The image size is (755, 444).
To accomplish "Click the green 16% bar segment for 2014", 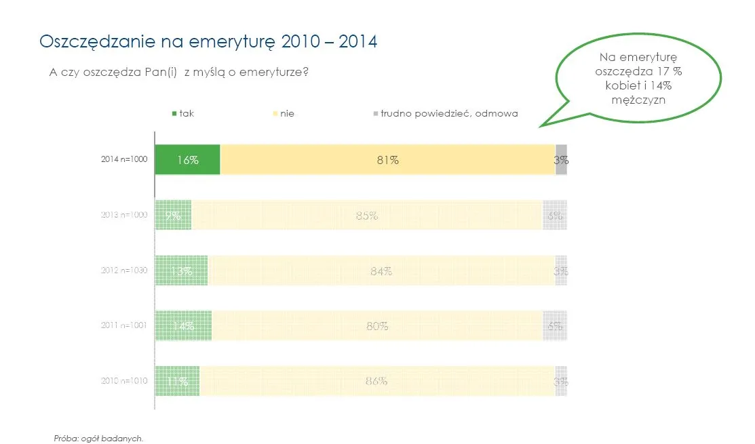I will [x=187, y=160].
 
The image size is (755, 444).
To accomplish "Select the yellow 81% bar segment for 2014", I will [x=387, y=160].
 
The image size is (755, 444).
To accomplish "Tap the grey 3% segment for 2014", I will [x=561, y=160].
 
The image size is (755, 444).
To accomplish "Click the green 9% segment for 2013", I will [x=173, y=216].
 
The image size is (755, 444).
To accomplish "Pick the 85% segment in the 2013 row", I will [x=366, y=216].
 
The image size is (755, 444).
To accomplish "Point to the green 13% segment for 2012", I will [x=181, y=270].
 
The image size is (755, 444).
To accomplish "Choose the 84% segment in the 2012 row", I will [x=381, y=270].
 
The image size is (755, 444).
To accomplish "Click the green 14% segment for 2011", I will [x=183, y=325].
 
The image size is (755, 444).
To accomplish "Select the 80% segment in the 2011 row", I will [x=376, y=325].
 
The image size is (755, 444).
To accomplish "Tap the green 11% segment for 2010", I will [x=177, y=380].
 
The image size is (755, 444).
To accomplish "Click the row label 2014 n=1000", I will [x=124, y=161].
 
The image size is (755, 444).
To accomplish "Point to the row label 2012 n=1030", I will [x=124, y=270].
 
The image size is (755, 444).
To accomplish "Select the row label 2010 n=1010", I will [x=124, y=381].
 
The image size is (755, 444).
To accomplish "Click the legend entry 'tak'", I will [x=186, y=113].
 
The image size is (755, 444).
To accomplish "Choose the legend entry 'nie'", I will [x=286, y=113].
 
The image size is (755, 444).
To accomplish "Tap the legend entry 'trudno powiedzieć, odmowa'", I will [x=448, y=113].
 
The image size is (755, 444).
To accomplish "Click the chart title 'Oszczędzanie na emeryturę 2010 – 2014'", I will [x=209, y=41].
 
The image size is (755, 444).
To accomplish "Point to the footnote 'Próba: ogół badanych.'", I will [x=99, y=438].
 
